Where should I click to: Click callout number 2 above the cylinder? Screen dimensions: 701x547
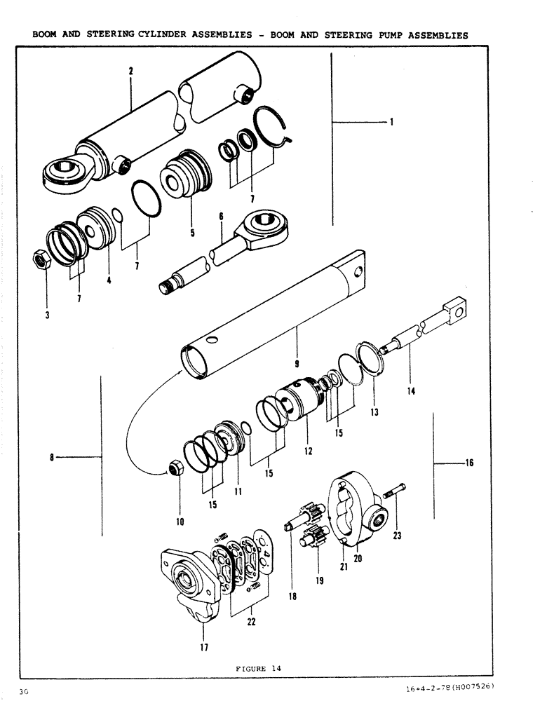tap(131, 71)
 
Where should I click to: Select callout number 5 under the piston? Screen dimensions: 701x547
tap(192, 233)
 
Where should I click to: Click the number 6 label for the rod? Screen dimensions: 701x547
tap(220, 217)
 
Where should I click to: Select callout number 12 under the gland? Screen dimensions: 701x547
tap(308, 451)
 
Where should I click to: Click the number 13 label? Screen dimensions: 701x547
tap(374, 413)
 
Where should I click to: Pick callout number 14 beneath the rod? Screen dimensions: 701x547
tap(411, 391)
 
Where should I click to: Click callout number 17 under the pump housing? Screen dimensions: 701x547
tap(204, 648)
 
